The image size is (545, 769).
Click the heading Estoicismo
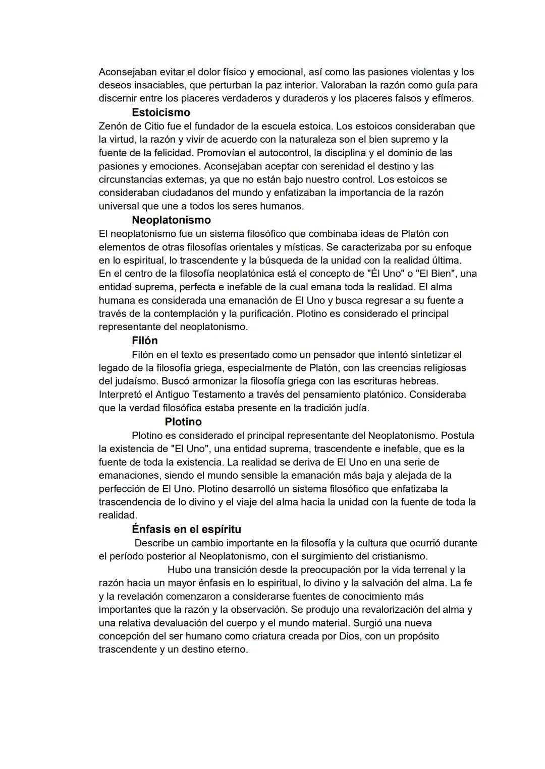pos(160,112)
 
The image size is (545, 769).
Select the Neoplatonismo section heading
pos(171,220)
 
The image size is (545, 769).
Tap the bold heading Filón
pos(144,341)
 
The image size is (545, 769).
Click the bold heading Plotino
pos(183,422)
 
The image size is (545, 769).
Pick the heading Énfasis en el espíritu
pos(186,530)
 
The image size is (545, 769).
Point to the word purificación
pos(266,313)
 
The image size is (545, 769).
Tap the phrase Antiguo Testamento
pos(198,394)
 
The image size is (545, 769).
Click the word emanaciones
pos(127,475)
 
